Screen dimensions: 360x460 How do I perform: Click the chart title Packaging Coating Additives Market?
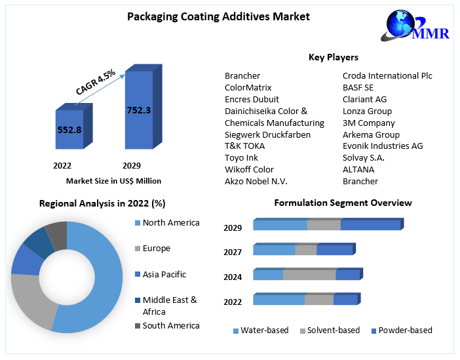(x=218, y=16)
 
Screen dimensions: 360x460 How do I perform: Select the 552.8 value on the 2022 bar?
(x=69, y=130)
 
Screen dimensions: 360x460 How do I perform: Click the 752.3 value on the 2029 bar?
(x=139, y=110)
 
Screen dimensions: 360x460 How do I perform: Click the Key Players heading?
(x=333, y=58)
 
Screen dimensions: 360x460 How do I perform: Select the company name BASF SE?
(x=358, y=87)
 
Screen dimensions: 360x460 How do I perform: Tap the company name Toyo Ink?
(x=241, y=157)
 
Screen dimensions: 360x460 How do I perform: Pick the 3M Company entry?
(x=369, y=123)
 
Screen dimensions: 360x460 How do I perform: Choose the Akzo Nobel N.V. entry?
(x=256, y=181)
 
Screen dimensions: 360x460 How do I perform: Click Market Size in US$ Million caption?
(x=113, y=180)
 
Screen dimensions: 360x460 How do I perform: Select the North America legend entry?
(x=170, y=223)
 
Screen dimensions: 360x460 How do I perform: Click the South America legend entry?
(x=170, y=325)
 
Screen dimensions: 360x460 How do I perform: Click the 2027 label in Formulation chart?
(x=233, y=252)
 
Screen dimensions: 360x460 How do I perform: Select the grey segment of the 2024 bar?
(x=309, y=275)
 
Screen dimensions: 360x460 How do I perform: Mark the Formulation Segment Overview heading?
(x=343, y=203)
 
